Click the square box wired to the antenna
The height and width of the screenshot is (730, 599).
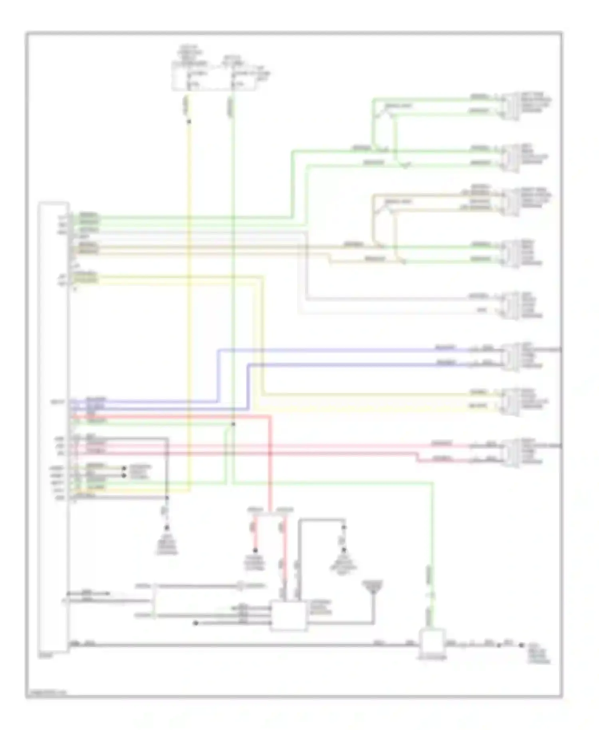[x=288, y=615]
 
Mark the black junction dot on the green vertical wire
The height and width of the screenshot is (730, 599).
[x=234, y=424]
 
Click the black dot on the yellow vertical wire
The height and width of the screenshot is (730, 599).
[x=189, y=121]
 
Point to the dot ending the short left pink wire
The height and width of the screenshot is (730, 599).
[x=256, y=550]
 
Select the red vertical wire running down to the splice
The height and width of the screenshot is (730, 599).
[x=270, y=463]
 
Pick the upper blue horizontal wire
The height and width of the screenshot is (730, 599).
[x=343, y=350]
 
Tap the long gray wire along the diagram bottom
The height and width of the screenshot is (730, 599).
[x=240, y=645]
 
